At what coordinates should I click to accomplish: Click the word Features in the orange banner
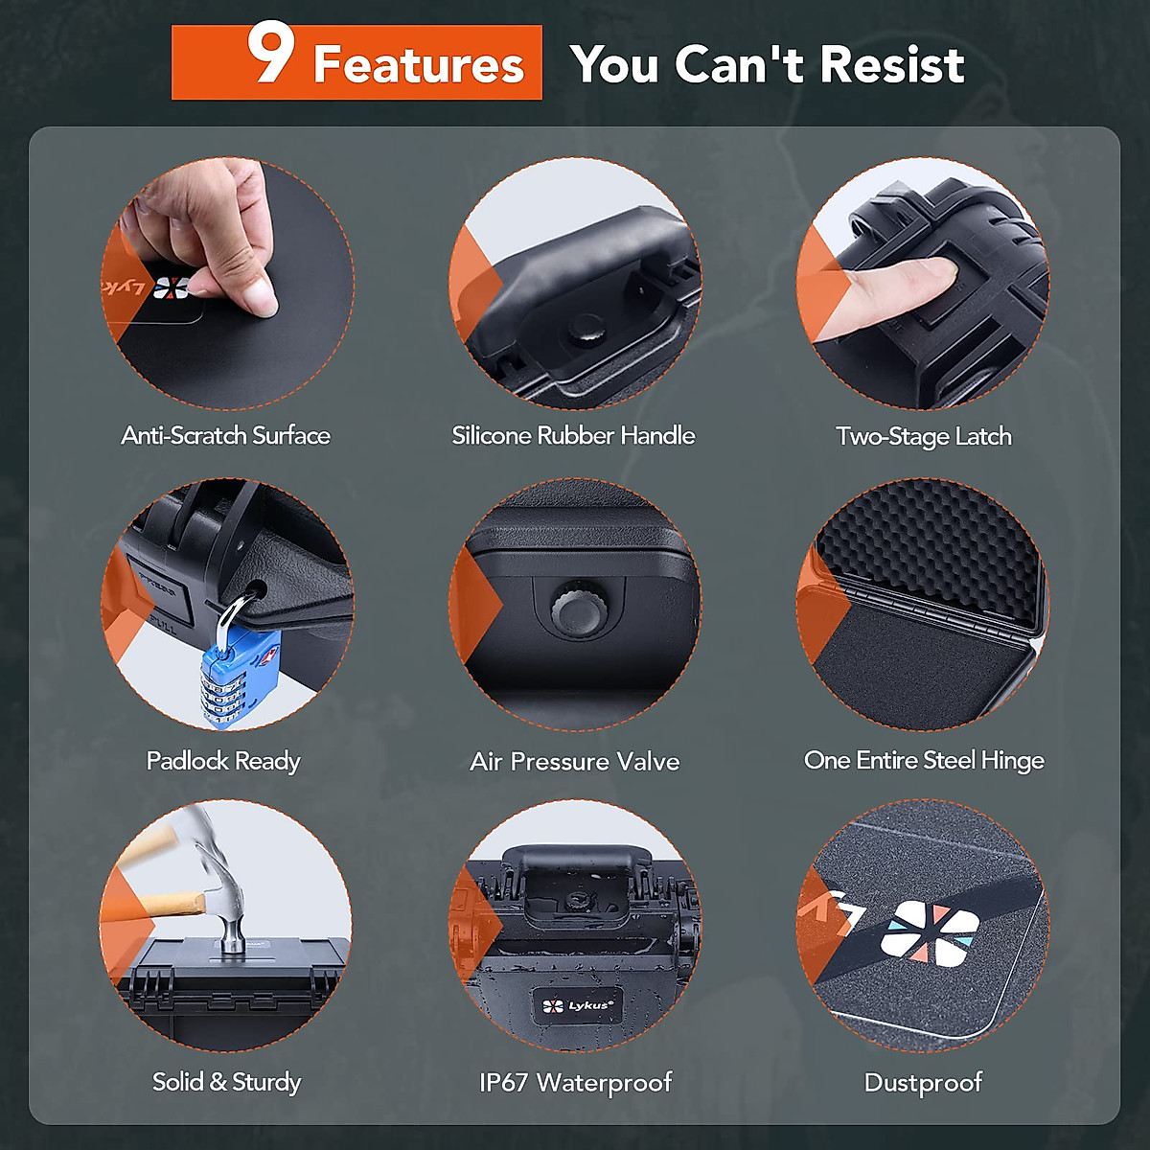coord(419,65)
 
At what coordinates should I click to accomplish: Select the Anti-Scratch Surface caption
coord(225,436)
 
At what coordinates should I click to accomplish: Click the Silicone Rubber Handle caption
coord(573,436)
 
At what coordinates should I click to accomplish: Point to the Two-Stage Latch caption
coord(923,437)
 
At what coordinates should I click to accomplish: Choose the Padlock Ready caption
coord(223,761)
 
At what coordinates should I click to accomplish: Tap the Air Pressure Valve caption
coord(574,762)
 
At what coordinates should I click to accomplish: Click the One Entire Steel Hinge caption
coord(923,761)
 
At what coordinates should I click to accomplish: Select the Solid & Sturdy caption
coord(226,1082)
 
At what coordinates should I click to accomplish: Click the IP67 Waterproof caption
coord(575,1083)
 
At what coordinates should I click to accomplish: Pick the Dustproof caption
coord(923,1083)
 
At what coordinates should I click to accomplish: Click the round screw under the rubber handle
coord(583,332)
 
